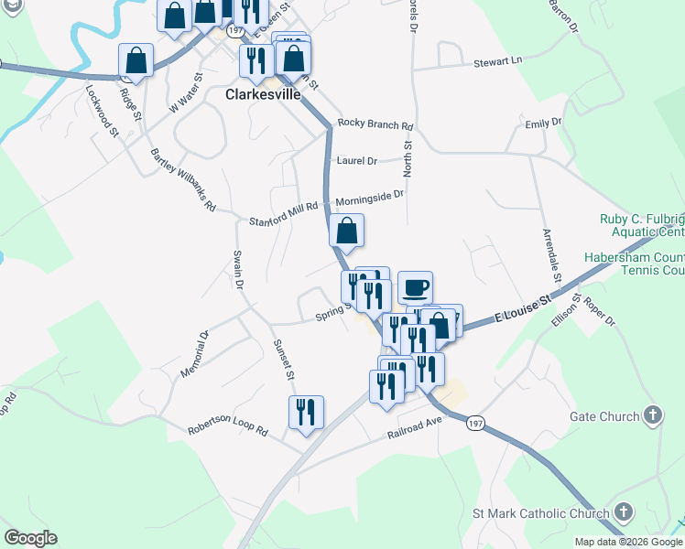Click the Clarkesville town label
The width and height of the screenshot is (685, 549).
(265, 93)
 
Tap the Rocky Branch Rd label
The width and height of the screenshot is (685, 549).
(375, 124)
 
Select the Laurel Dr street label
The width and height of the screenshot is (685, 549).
(357, 161)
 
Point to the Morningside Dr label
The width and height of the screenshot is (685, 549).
(369, 197)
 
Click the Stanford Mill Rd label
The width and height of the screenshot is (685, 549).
(283, 221)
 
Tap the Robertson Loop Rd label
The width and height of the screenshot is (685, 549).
(227, 429)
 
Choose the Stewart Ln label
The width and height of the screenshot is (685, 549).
(497, 62)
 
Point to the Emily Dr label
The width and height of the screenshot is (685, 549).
(543, 122)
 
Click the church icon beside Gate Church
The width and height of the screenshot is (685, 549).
(653, 416)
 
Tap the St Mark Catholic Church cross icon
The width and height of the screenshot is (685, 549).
(623, 512)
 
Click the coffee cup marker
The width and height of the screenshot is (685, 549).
(415, 287)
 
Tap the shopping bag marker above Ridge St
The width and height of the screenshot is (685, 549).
(136, 61)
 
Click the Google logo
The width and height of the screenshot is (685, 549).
(30, 538)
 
